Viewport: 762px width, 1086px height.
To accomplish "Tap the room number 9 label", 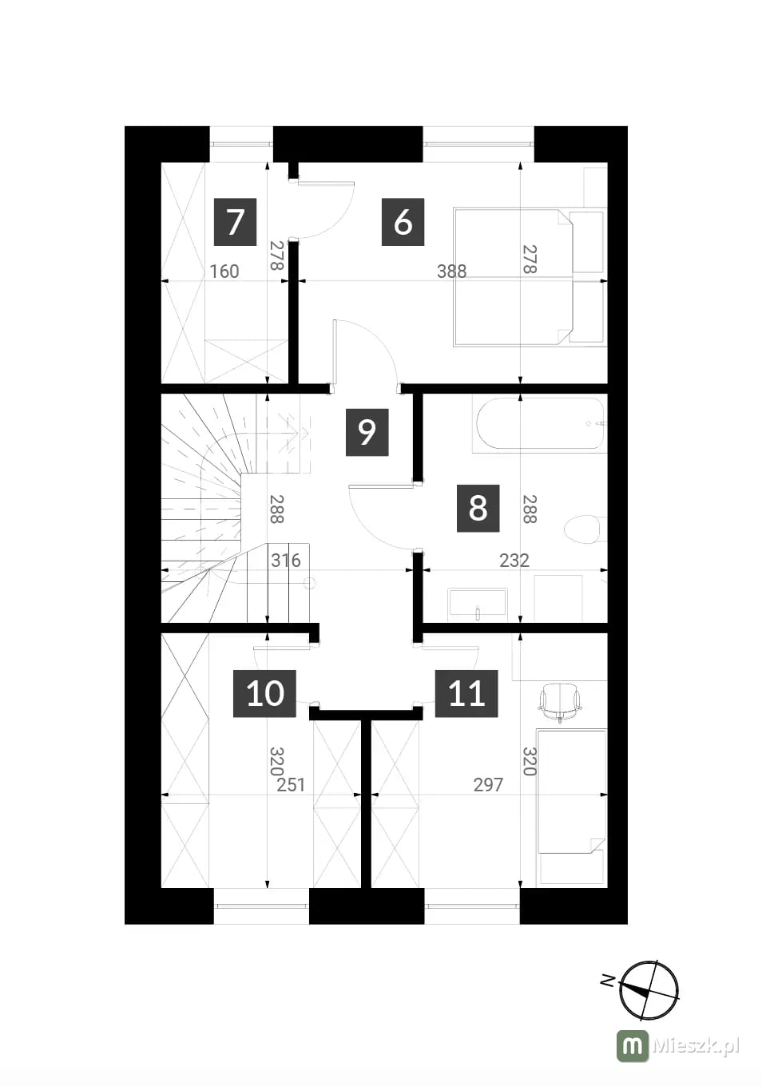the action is coord(367,432).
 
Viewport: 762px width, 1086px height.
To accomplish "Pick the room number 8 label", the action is coord(478,508).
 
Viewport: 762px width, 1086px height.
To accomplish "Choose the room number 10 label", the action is coord(264,693).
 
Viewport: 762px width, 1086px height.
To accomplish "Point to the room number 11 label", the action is coord(466,693).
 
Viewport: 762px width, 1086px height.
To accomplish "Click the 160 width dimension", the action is coord(224,271).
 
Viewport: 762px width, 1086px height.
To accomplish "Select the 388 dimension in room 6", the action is coord(451,271).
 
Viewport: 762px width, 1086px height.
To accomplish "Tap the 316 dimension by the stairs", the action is coord(286,561).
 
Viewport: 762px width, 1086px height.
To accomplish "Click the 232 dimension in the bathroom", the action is coord(514,561).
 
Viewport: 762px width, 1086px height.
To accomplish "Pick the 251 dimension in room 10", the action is coord(291,784).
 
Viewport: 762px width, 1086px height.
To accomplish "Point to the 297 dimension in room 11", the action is coord(489,784).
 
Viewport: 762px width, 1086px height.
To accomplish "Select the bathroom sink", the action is coord(478,604).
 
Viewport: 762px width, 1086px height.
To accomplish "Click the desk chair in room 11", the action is coord(560,703).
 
